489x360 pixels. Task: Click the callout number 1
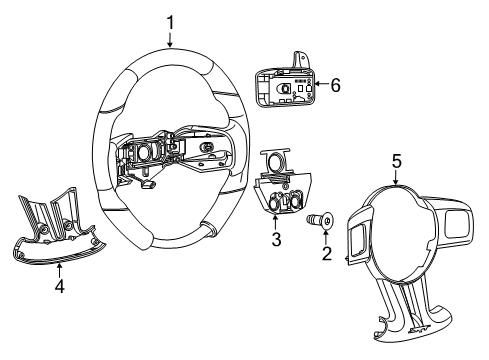tap(170, 20)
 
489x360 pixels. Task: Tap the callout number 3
tap(276, 240)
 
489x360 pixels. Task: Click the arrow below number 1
tap(170, 40)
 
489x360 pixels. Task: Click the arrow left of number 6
tap(318, 87)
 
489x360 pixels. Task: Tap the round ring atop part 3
tap(274, 161)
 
